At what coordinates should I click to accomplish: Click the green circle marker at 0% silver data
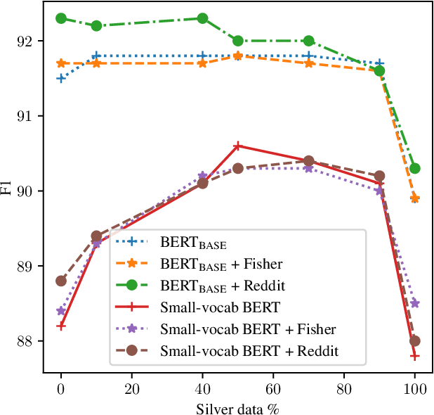click(x=61, y=18)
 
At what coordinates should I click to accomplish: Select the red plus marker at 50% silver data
click(x=238, y=146)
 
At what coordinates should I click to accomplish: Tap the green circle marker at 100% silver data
click(x=415, y=168)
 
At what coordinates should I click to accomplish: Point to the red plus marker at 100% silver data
click(x=415, y=356)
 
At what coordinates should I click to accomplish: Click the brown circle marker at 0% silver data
click(x=61, y=281)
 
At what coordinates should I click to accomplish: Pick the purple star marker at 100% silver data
click(x=415, y=303)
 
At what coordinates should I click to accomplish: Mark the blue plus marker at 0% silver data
click(x=61, y=78)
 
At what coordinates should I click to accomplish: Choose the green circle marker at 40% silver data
click(x=202, y=18)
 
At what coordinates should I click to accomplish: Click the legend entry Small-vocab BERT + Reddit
click(x=249, y=350)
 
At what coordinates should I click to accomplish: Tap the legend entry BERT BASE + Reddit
click(x=222, y=287)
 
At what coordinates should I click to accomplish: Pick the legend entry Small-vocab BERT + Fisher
click(x=248, y=329)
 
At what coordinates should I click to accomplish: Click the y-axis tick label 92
click(x=27, y=41)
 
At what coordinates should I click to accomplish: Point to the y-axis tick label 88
click(x=27, y=341)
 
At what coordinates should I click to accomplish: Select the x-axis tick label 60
click(x=273, y=387)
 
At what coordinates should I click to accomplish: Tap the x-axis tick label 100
click(x=415, y=387)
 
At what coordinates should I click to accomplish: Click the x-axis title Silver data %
click(x=238, y=406)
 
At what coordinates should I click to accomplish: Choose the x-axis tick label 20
click(x=131, y=387)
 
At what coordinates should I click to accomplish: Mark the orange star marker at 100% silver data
click(x=415, y=198)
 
